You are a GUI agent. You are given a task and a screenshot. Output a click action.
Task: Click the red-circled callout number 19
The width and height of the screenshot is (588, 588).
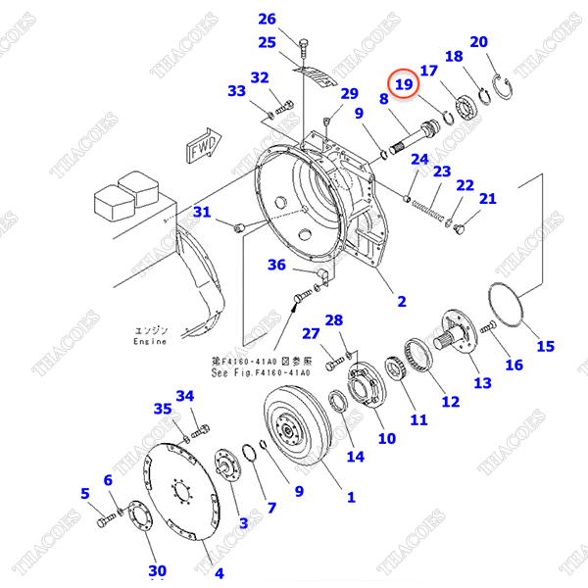coord(404,84)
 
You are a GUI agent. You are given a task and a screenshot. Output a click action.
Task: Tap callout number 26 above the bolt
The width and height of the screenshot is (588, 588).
coord(268,19)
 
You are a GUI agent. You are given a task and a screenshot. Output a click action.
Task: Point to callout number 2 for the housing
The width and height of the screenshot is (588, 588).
coord(401,301)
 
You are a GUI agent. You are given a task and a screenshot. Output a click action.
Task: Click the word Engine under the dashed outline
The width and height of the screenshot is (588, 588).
coord(150,342)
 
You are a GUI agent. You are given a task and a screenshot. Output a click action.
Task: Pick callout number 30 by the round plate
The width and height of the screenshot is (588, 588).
coord(157,571)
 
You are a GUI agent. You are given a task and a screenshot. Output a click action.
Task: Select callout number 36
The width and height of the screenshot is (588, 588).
coord(276,265)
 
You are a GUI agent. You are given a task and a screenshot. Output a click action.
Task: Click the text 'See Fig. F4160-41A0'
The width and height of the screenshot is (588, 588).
coord(261,372)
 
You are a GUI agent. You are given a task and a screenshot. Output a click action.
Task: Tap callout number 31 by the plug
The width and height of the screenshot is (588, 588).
coord(201,213)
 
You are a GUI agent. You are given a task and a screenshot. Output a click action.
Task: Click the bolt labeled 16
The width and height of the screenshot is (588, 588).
coord(489,339)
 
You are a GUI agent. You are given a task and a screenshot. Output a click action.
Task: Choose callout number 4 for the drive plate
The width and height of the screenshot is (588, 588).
coord(219,573)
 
